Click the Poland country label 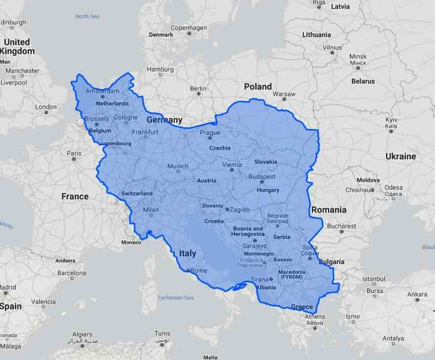(258, 87)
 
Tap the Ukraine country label (400, 156)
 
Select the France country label (75, 196)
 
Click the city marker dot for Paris (74, 160)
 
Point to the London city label (46, 107)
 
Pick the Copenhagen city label (189, 28)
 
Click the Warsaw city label (284, 94)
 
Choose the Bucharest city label (341, 226)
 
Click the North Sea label (87, 16)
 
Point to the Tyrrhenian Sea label (175, 298)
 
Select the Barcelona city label (71, 273)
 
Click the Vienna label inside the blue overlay (232, 165)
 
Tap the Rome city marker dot (189, 270)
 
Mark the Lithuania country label (317, 35)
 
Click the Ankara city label (417, 294)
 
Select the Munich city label (178, 166)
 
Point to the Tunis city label (162, 333)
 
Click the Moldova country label (368, 180)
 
